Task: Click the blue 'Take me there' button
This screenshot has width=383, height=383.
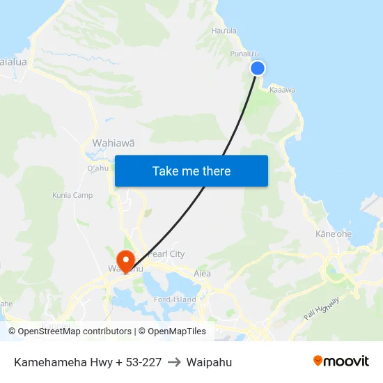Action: [191, 171]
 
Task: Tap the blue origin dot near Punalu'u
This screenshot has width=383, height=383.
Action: [258, 68]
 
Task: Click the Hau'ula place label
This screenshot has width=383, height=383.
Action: [224, 31]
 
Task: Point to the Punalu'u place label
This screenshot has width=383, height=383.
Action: [244, 54]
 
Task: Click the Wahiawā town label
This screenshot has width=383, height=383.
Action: [113, 143]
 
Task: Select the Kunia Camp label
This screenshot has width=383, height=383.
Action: [72, 195]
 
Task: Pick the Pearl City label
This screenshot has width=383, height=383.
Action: [166, 254]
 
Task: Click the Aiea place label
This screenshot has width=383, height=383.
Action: [202, 274]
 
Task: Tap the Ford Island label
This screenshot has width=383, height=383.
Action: [175, 299]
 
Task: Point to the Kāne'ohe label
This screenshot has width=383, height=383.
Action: [334, 234]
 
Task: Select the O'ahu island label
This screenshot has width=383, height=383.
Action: [97, 168]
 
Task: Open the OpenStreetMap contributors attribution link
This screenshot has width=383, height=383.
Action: [70, 331]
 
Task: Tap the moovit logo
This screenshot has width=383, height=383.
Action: [341, 361]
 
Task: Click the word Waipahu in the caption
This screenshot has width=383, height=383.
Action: [209, 362]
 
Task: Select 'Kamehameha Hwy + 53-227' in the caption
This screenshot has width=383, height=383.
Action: [88, 362]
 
